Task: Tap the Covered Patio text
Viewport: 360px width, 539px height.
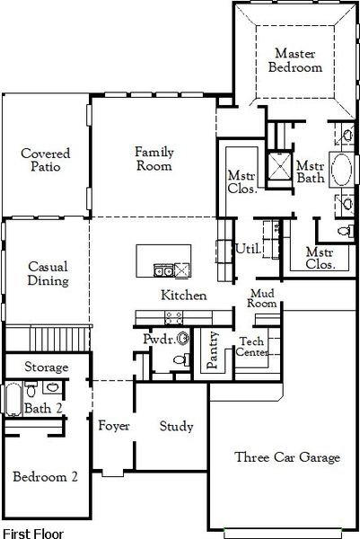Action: (x=46, y=160)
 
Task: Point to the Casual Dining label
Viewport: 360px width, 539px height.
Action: (x=46, y=273)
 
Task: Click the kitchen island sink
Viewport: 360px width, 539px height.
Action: (x=162, y=269)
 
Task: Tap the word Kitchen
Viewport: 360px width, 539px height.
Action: (x=183, y=296)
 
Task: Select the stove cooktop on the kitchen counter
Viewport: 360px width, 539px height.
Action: (x=173, y=316)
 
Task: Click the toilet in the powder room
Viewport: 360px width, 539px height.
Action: (x=179, y=360)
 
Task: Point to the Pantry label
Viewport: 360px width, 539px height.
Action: (x=213, y=352)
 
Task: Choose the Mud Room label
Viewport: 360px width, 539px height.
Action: (x=262, y=299)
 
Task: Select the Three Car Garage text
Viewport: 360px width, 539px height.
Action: (x=287, y=458)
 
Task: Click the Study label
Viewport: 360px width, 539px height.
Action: (x=176, y=427)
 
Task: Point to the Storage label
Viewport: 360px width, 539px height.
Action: (x=46, y=367)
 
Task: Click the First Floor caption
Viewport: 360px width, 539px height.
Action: (x=33, y=533)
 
